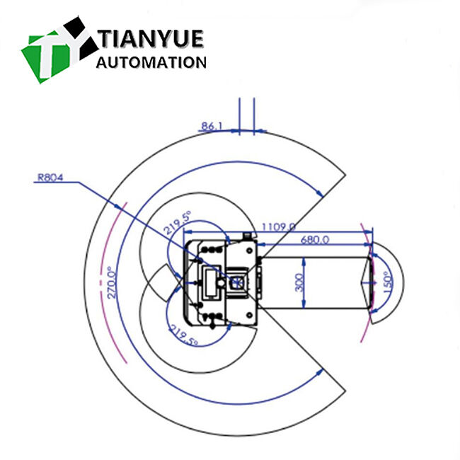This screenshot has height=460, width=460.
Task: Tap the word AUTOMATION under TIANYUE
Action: point(150,62)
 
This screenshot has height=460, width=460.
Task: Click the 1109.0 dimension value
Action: point(277,226)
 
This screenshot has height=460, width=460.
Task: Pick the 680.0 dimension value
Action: point(314,240)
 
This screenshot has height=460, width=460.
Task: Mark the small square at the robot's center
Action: point(238,282)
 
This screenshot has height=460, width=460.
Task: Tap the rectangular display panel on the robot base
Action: point(211,283)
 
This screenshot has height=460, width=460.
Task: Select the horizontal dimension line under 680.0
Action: point(315,246)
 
